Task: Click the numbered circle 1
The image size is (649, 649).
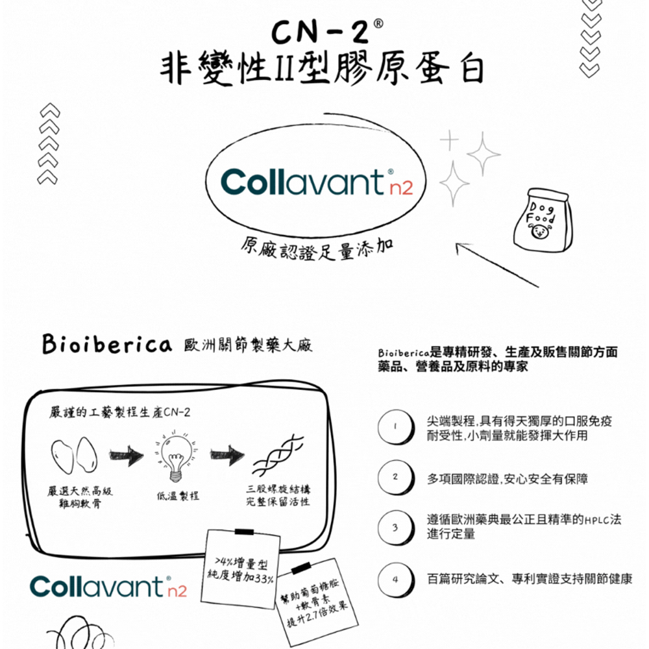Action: pos(394,428)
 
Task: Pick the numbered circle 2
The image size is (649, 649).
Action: pos(394,478)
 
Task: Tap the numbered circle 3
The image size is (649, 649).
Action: pos(394,527)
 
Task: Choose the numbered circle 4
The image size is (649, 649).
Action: pos(394,578)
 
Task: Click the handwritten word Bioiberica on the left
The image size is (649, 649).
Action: pos(106,345)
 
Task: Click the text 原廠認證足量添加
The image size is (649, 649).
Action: pos(318,251)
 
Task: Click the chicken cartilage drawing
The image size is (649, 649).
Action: pos(73,455)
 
